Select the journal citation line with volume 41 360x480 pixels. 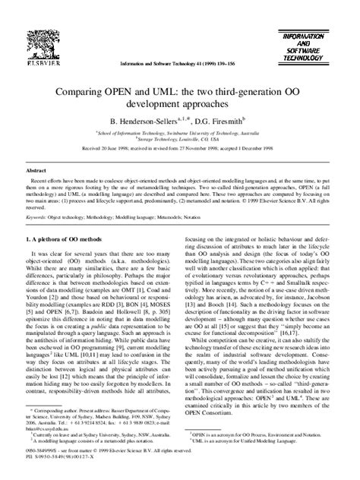coord(179,64)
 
